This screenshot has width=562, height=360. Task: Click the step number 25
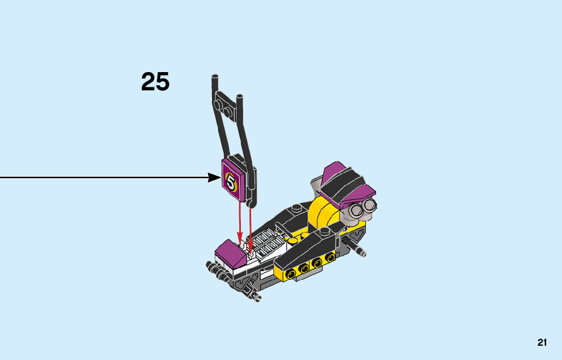pyautogui.click(x=155, y=82)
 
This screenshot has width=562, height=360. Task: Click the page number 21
pyautogui.click(x=542, y=343)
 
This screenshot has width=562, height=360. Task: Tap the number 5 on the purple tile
pyautogui.click(x=232, y=181)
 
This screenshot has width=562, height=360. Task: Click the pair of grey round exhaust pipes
pyautogui.click(x=362, y=208)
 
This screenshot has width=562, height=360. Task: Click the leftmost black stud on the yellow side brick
pyautogui.click(x=291, y=274)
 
